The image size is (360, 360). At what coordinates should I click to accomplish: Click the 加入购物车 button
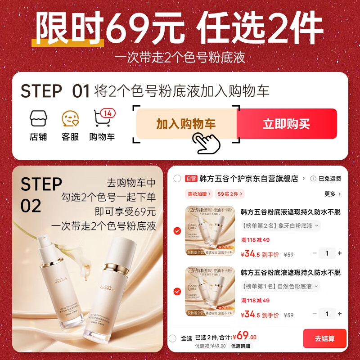tap(186, 124)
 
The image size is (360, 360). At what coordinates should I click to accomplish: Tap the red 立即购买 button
tap(286, 124)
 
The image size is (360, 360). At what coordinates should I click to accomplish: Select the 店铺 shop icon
tap(38, 119)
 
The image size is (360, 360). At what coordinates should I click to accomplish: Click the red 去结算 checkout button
tap(324, 338)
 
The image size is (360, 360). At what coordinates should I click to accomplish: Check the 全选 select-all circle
tap(172, 338)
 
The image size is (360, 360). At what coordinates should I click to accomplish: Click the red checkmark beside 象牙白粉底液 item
tap(177, 231)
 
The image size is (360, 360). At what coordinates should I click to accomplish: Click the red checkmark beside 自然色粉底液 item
tap(177, 292)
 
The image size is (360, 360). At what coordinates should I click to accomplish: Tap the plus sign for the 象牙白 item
tap(340, 253)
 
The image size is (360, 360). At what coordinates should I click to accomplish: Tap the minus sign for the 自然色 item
tap(315, 314)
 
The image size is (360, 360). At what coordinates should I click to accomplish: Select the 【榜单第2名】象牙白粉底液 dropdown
tap(280, 225)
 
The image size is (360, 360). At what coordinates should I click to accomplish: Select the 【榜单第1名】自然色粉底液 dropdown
tap(280, 286)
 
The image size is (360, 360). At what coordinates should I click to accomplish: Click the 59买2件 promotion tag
tap(229, 194)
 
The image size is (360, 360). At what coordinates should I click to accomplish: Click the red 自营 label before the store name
tap(191, 179)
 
